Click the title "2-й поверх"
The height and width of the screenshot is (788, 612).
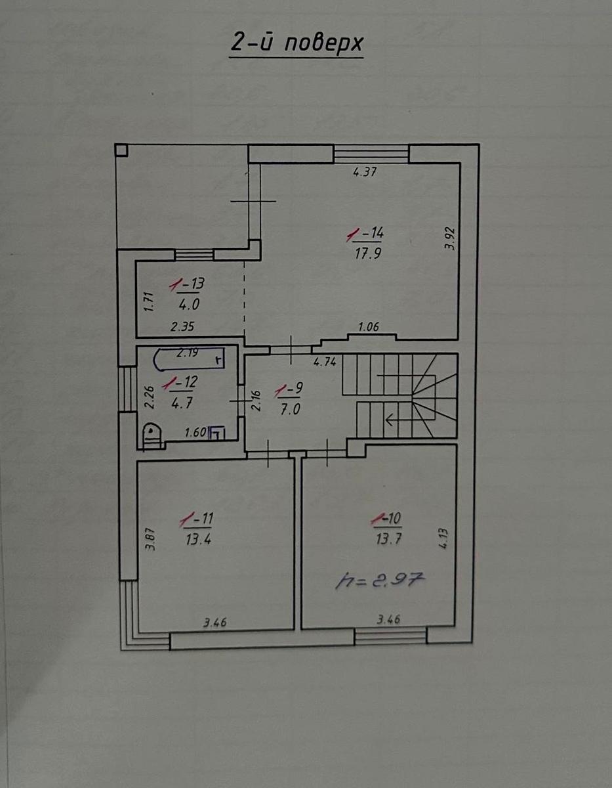(x=296, y=43)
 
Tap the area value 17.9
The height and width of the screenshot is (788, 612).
(x=368, y=253)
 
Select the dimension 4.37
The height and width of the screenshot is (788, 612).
(x=365, y=171)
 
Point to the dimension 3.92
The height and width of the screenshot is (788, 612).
(x=450, y=238)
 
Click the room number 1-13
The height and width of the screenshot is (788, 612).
(x=187, y=284)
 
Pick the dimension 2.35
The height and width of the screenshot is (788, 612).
(x=182, y=327)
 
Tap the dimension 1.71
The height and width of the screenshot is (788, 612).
(x=149, y=301)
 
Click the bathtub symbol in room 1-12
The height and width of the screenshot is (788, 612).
(x=189, y=359)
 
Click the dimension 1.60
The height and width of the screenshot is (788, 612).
(x=195, y=432)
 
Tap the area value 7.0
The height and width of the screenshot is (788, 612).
(x=290, y=409)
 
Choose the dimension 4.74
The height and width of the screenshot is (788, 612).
(x=325, y=362)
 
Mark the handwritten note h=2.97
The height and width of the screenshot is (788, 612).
(x=380, y=581)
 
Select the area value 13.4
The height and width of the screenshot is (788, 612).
(x=199, y=540)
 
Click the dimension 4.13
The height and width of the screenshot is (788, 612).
(x=444, y=539)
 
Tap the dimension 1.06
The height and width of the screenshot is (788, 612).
(x=369, y=327)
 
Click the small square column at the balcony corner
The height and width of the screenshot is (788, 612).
(x=122, y=150)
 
